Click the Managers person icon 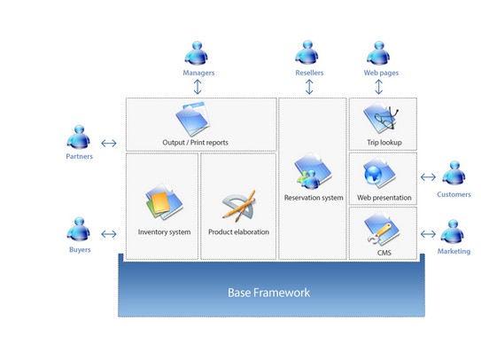click(197, 53)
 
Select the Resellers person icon click(306, 52)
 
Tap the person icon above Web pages click(378, 53)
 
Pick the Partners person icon click(79, 137)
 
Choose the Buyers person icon click(79, 229)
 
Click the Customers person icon click(454, 173)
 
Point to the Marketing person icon click(453, 231)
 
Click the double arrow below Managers click(198, 87)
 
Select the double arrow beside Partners click(109, 143)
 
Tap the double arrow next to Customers click(428, 177)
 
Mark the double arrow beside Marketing click(428, 234)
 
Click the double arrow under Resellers click(309, 87)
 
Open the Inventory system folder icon click(164, 202)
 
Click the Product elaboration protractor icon click(239, 206)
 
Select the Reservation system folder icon click(313, 171)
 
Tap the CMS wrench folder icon click(381, 229)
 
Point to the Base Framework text click(268, 293)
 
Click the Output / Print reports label click(196, 143)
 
